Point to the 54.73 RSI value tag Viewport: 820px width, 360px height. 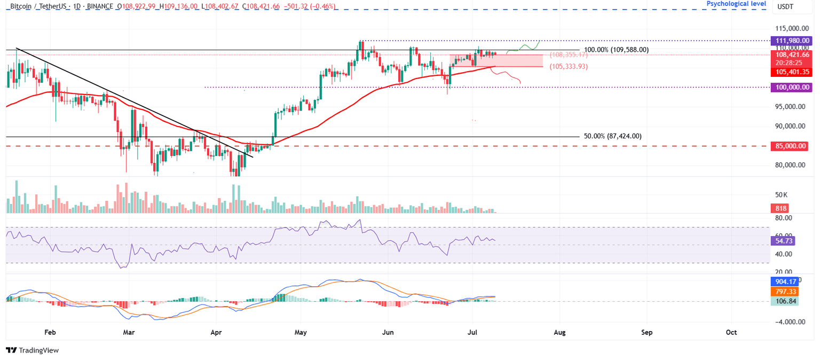(x=783, y=241)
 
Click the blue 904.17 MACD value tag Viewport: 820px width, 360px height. (x=783, y=281)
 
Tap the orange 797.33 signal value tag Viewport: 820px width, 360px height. (x=783, y=292)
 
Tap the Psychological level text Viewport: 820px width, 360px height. (x=736, y=4)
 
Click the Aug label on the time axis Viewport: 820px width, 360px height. (x=559, y=332)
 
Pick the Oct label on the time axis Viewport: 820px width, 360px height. (x=731, y=332)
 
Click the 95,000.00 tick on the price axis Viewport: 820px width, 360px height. (x=790, y=107)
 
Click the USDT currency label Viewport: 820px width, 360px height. (x=785, y=6)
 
